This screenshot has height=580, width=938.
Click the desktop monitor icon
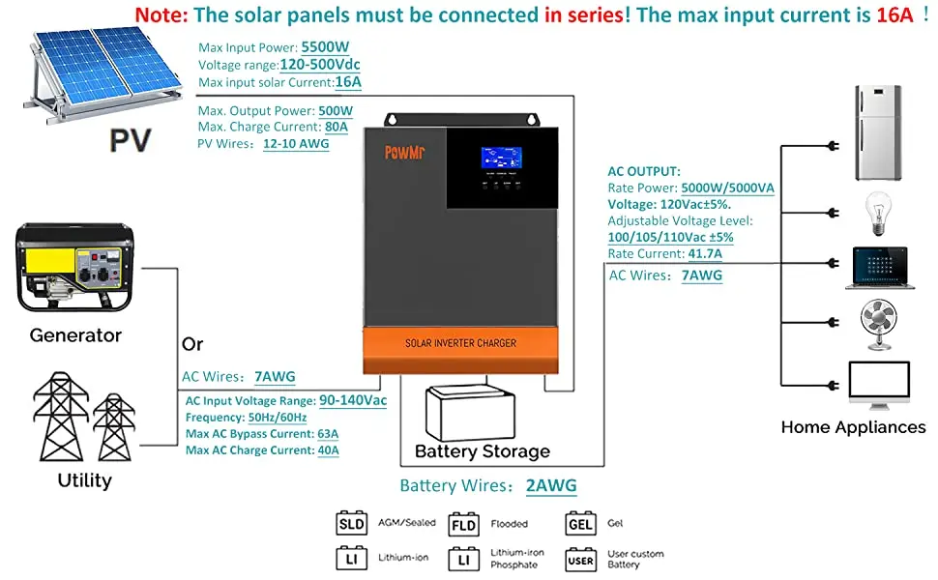[x=878, y=385]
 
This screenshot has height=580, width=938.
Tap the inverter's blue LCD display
[x=502, y=158]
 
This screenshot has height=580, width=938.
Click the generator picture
[x=75, y=274]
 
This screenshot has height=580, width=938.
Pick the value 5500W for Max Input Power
[x=327, y=47]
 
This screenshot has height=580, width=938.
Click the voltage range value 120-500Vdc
[x=320, y=65]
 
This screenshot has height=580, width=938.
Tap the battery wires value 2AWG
[x=552, y=486]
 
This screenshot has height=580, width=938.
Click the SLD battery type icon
[x=351, y=524]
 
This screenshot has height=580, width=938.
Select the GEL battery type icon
[x=580, y=524]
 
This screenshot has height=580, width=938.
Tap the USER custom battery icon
[x=580, y=560]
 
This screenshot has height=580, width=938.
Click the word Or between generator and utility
[x=192, y=345]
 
